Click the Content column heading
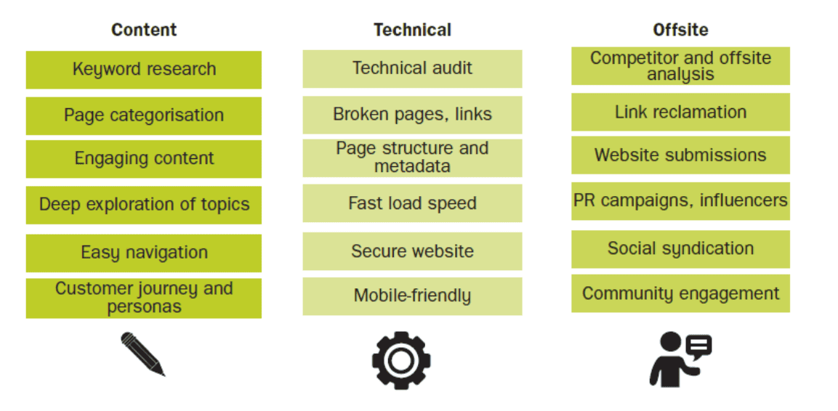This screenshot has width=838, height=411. pyautogui.click(x=144, y=30)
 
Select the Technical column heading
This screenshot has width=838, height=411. pyautogui.click(x=412, y=30)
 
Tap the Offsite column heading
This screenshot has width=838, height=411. pyautogui.click(x=680, y=30)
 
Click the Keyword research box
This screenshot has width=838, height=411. pyautogui.click(x=144, y=70)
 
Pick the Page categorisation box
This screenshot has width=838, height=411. pyautogui.click(x=144, y=115)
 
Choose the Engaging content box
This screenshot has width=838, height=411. pyautogui.click(x=144, y=158)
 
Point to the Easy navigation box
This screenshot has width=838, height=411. pyautogui.click(x=144, y=253)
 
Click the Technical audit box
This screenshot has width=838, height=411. pyautogui.click(x=412, y=68)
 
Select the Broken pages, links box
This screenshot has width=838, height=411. pyautogui.click(x=412, y=114)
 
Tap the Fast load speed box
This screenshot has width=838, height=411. pyautogui.click(x=412, y=203)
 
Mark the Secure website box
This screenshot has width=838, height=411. pyautogui.click(x=412, y=251)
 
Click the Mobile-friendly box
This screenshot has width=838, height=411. pyautogui.click(x=412, y=296)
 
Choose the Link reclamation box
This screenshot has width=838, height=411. pyautogui.click(x=680, y=112)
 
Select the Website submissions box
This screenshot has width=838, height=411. pyautogui.click(x=680, y=155)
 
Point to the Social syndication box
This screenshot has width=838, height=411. pyautogui.click(x=680, y=249)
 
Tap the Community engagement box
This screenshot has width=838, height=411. pyautogui.click(x=680, y=293)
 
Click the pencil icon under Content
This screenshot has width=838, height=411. pyautogui.click(x=142, y=354)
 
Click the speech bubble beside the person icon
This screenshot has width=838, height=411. pyautogui.click(x=698, y=348)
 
